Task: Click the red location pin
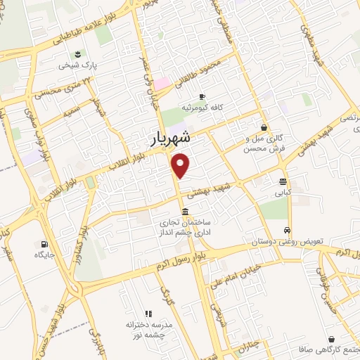coord(181,165)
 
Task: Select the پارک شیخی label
coord(77,65)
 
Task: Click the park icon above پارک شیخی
coord(77,54)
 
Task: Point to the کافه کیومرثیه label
coord(202,108)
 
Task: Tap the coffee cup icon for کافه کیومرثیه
coord(202,96)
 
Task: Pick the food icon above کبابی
coord(283,181)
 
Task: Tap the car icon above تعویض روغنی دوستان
coord(287,231)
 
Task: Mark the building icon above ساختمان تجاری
coord(185,212)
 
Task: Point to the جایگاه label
coord(45,255)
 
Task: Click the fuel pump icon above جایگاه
coord(45,245)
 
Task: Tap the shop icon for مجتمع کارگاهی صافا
coord(330,339)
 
